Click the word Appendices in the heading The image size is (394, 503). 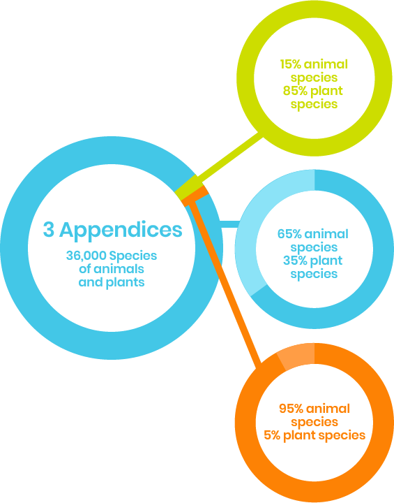[121, 231]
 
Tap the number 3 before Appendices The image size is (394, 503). [49, 230]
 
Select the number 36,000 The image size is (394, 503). [86, 256]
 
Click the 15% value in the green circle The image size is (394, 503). [291, 64]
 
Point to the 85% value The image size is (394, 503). [294, 91]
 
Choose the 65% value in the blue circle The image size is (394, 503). [289, 234]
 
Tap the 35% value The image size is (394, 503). [294, 261]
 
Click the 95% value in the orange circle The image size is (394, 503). [291, 409]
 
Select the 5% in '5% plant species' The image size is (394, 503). [272, 435]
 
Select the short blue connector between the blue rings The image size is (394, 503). [229, 224]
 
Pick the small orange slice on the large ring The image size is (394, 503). [195, 195]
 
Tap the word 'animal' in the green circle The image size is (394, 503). [326, 64]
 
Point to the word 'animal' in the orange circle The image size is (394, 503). [328, 409]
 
